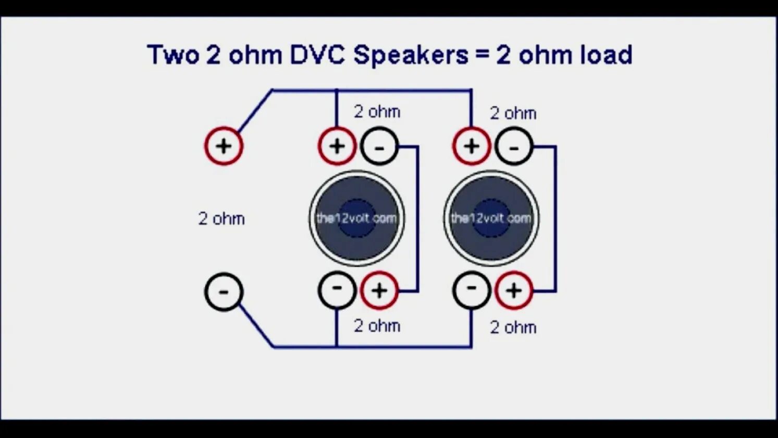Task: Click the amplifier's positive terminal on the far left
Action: pos(224,146)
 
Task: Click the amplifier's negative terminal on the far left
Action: pos(224,291)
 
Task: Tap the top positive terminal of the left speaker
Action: pos(337,146)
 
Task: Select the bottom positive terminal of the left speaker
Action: pos(379,290)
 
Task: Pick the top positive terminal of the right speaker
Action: pos(472,146)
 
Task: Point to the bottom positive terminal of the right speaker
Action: pos(514,290)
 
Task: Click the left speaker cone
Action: pos(357,218)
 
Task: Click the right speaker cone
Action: pos(491,218)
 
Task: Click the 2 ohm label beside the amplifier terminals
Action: pos(221,218)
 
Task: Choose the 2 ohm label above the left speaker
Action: pos(377,112)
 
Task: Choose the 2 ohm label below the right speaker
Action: pos(513,327)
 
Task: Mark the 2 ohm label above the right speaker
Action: pos(513,113)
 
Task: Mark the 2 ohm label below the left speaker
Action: pos(377,326)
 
